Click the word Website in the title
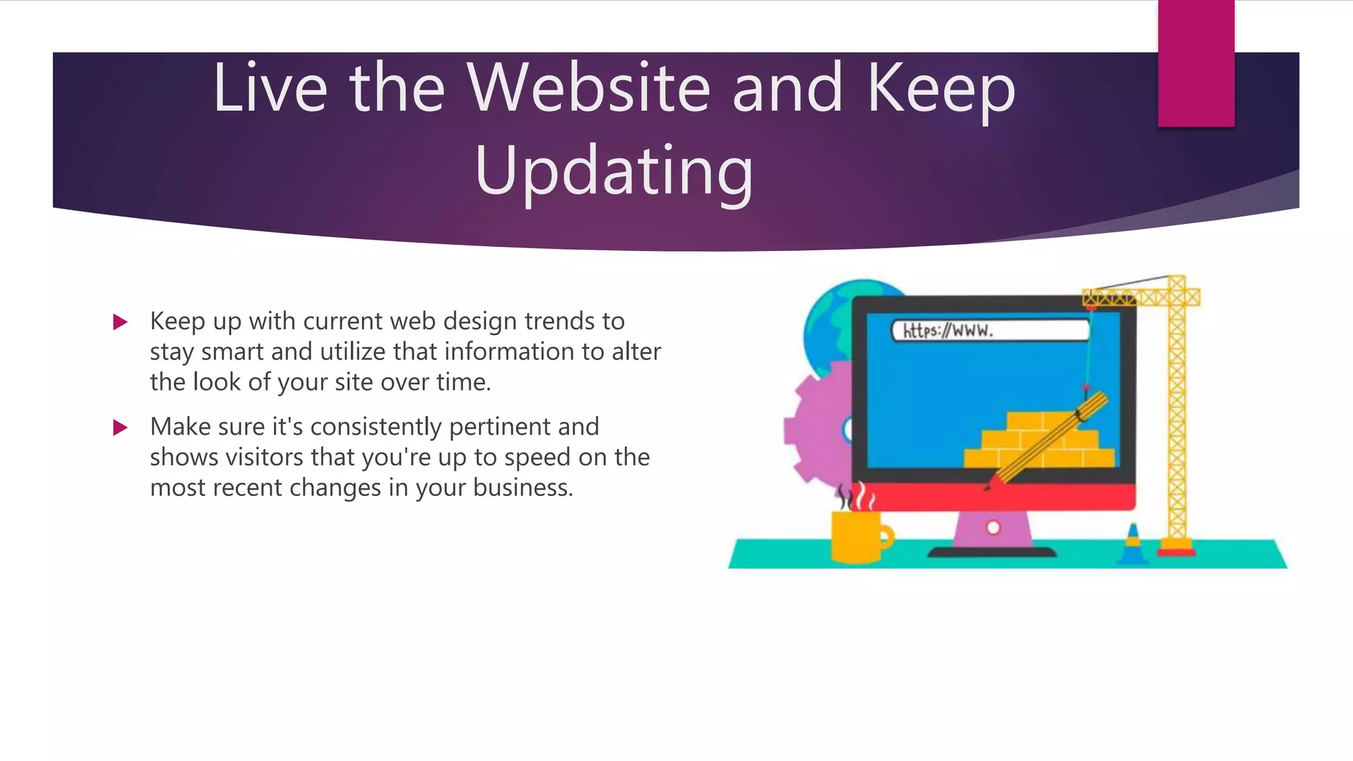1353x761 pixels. [587, 88]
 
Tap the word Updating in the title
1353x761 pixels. [614, 170]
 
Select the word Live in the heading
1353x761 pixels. [270, 88]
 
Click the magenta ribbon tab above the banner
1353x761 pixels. [1196, 63]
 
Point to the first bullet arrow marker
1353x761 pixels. [120, 322]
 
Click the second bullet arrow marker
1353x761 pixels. [120, 427]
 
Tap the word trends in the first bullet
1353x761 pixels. [560, 322]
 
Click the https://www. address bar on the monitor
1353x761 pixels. [990, 330]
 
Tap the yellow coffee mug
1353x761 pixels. [858, 536]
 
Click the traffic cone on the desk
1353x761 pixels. [1133, 544]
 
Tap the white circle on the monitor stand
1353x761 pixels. [993, 528]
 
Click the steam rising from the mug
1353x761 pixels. [856, 496]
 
